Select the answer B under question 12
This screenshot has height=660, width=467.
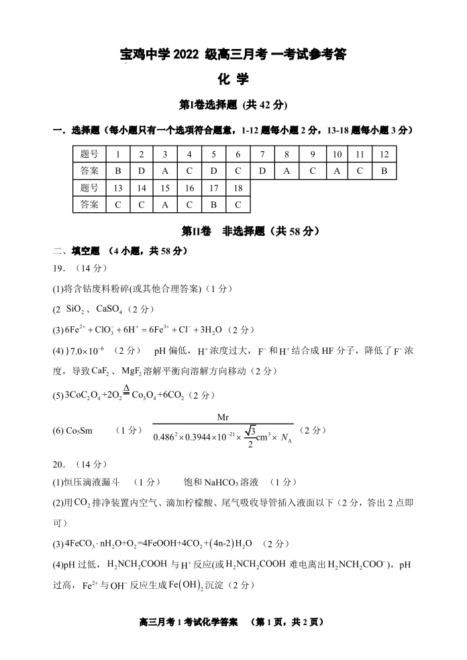coord(384,171)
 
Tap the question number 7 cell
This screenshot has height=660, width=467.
coord(262,154)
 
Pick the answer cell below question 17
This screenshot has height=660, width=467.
coord(213,204)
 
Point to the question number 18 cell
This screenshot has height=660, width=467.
coord(238,188)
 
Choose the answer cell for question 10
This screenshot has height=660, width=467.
coord(337,171)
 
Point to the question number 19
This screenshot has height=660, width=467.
coord(60,268)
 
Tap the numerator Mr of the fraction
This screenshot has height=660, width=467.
coord(223,418)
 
